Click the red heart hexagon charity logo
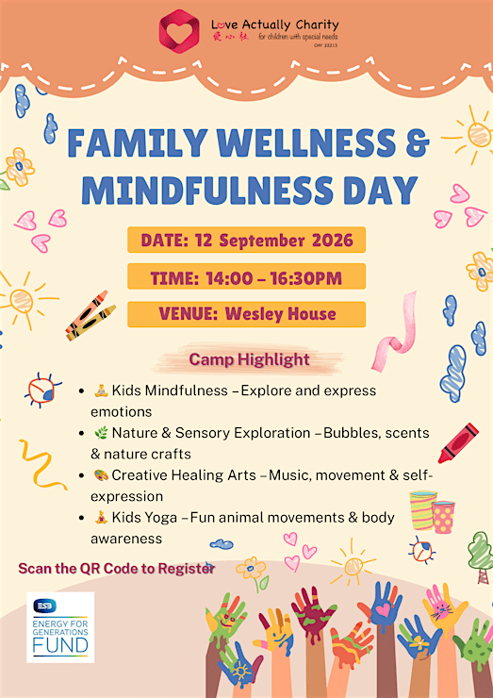[x=179, y=31]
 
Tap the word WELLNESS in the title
[x=307, y=143]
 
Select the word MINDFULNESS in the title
[x=207, y=191]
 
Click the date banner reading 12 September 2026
[x=247, y=240]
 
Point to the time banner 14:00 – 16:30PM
[x=247, y=277]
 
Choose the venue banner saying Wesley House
[x=247, y=314]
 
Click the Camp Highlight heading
[x=249, y=359]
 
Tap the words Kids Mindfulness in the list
[x=170, y=391]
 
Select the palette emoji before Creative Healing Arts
[x=101, y=475]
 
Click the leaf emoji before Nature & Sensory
[x=101, y=433]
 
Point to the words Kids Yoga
[x=144, y=517]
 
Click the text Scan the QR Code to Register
[x=117, y=569]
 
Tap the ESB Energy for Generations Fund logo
[x=60, y=626]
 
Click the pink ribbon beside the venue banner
[x=395, y=332]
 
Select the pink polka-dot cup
[x=443, y=517]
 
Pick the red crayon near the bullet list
[x=458, y=443]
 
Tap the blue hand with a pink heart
[x=382, y=606]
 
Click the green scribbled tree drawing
[x=482, y=557]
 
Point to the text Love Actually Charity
[x=275, y=25]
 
